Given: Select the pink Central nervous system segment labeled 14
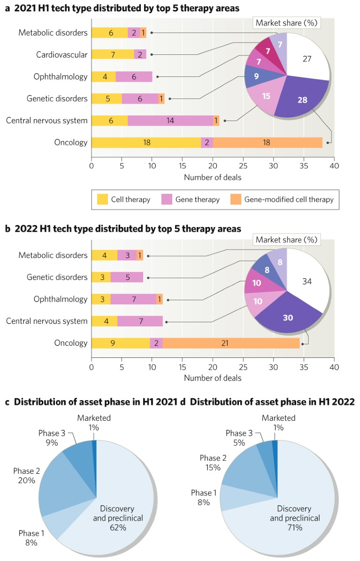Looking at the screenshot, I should coord(170,121).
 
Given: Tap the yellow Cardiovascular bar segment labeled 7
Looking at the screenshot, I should coord(112,55).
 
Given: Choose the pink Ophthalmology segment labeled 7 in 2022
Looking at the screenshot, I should coord(133,299).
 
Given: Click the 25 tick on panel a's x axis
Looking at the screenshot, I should coord(243,166).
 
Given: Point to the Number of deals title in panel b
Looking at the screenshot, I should coord(213,378).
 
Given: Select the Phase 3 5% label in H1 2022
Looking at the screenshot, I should coord(239,438).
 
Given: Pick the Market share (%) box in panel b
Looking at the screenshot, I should coord(286,240).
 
